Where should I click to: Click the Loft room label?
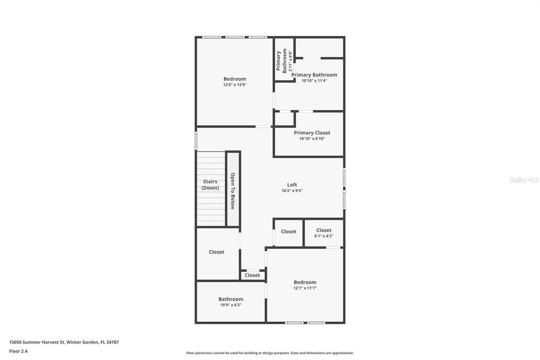click(x=292, y=185)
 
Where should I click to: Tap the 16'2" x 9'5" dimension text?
click(x=292, y=191)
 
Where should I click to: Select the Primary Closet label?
click(x=312, y=133)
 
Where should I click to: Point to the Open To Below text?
click(x=232, y=191)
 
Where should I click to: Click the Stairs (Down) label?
click(x=210, y=185)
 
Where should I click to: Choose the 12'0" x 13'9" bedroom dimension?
click(x=235, y=85)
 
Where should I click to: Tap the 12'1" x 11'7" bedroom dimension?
click(x=305, y=288)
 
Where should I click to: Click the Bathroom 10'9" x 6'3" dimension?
click(x=230, y=305)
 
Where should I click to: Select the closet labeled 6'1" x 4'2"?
click(x=324, y=236)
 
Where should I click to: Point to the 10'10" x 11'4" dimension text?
click(x=314, y=81)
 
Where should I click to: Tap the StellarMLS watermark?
click(x=524, y=180)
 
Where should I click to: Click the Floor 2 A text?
click(x=18, y=351)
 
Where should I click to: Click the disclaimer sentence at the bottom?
click(x=270, y=353)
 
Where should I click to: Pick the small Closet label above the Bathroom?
click(x=252, y=275)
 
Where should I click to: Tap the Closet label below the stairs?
click(x=216, y=252)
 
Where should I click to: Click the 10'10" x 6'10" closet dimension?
click(x=312, y=139)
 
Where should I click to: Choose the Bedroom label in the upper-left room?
click(x=235, y=79)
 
